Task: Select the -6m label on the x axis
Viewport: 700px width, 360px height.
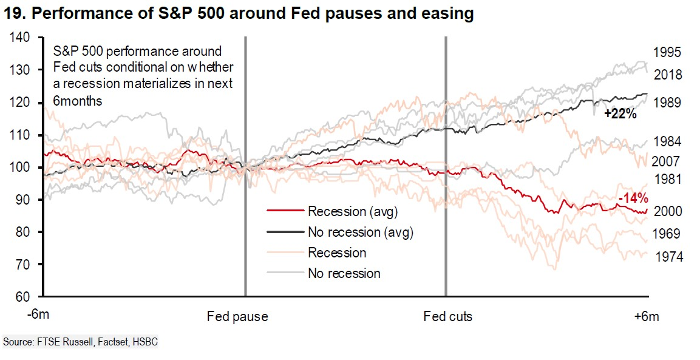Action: (41, 316)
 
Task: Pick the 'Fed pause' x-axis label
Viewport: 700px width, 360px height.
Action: (237, 316)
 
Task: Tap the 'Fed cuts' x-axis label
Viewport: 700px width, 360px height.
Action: (447, 316)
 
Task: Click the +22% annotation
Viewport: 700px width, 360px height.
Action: (620, 114)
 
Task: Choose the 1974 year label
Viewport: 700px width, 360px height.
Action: (668, 257)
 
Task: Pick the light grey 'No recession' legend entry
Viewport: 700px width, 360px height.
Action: (344, 273)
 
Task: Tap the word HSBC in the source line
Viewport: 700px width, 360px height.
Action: (145, 342)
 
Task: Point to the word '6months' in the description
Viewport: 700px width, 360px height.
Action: (78, 101)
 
